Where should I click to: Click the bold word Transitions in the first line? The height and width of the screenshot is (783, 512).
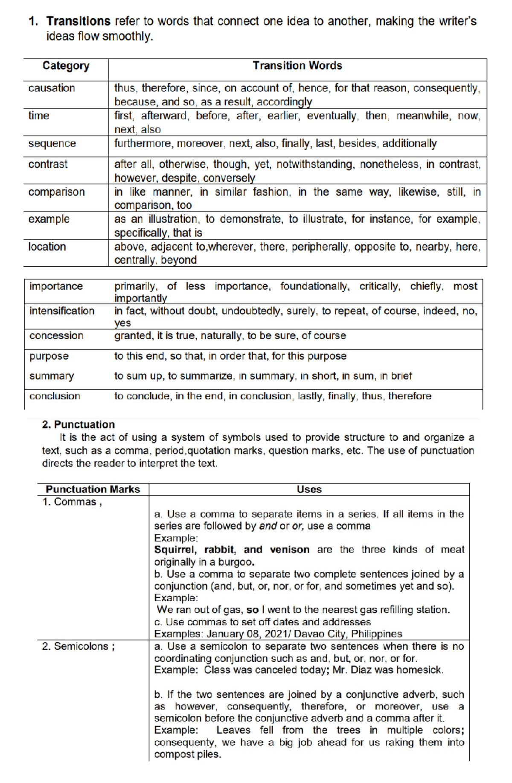(78, 21)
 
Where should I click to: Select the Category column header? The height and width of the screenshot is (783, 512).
(66, 66)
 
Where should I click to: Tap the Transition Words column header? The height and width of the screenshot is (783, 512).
(297, 66)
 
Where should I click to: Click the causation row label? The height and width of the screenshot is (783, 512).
(52, 88)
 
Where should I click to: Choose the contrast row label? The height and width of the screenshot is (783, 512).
(48, 164)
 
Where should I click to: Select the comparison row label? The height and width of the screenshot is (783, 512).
(56, 192)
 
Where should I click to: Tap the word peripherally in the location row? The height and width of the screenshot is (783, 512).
(320, 247)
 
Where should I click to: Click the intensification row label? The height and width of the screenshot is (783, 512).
(62, 311)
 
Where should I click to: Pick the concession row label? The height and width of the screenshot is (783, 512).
(56, 336)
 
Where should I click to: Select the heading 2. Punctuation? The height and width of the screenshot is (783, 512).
(79, 425)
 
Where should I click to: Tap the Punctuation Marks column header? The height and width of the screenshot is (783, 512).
(93, 489)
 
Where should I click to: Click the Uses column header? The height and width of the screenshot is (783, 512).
(309, 489)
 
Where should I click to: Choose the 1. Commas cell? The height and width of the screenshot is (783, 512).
(72, 502)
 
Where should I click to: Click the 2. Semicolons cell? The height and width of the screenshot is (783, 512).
(78, 646)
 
